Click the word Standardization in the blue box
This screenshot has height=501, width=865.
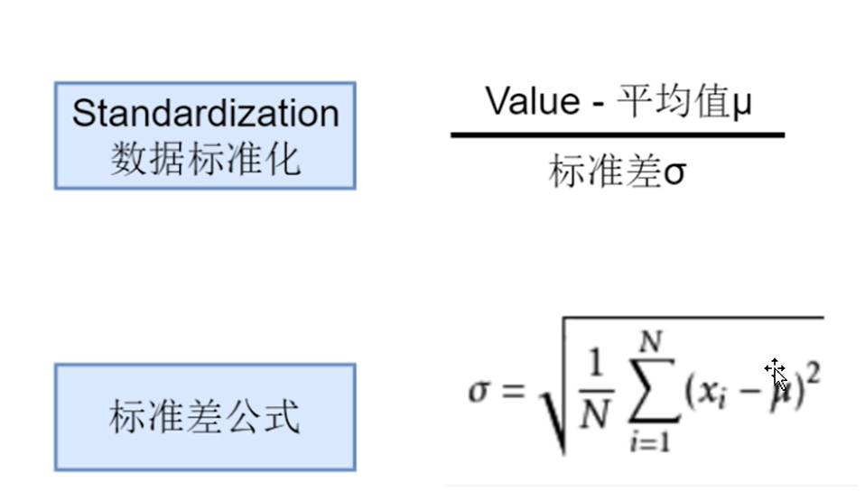point(205,114)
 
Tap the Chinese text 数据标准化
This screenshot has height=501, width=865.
point(205,160)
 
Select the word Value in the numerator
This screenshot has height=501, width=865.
point(531,101)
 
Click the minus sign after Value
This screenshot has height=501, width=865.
point(597,103)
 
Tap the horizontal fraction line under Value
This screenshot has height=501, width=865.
point(618,135)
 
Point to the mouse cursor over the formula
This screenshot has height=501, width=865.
point(777,372)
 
